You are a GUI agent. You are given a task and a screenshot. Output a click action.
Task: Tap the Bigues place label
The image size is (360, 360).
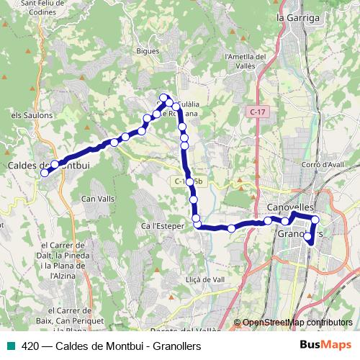147,52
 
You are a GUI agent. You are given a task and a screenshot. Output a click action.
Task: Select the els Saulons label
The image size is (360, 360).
32,115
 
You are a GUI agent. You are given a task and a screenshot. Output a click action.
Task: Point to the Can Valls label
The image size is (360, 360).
98,198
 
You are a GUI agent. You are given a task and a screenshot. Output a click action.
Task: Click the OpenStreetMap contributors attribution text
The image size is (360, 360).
298,323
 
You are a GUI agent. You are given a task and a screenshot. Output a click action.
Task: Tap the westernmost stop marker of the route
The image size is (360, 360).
45,172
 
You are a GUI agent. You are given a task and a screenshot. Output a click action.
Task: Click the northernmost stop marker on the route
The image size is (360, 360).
164,97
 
